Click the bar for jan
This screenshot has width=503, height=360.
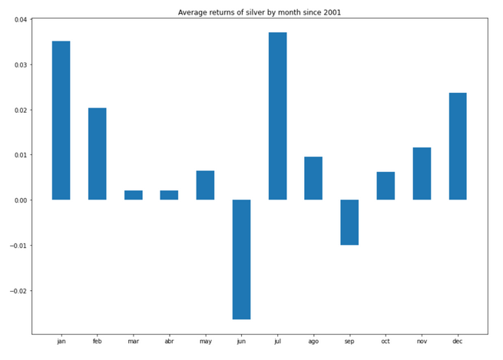61,121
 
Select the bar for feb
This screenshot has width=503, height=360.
98,154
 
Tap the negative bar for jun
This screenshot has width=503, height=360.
241,259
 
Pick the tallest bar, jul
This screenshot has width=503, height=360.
277,116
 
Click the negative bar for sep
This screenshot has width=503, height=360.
349,223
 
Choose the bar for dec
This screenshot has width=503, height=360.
458,146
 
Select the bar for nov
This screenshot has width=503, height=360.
422,173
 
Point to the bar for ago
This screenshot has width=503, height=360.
313,178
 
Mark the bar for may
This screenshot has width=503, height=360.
205,185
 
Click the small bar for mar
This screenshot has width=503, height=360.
134,195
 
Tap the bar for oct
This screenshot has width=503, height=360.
386,186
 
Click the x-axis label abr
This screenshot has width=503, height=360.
169,342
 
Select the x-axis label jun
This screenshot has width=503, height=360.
241,342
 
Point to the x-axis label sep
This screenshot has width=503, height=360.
349,342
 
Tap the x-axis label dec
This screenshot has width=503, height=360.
458,342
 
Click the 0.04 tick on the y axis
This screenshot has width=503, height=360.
18,19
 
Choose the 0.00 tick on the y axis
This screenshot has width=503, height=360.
18,200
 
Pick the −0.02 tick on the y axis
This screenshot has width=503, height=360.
16,291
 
